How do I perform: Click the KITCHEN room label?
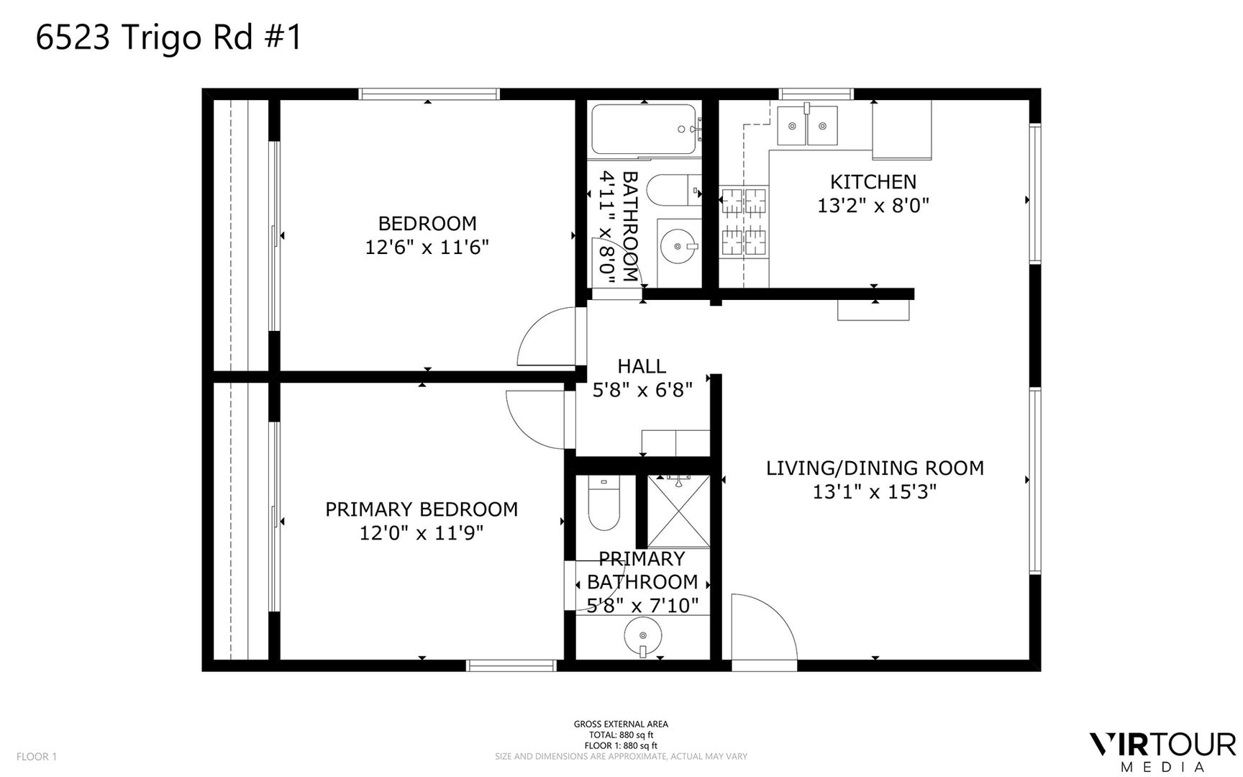tap(873, 182)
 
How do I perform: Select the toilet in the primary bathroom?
tap(604, 503)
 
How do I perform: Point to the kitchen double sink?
tap(808, 126)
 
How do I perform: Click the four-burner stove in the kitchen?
tap(744, 222)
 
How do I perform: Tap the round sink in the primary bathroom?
tap(642, 636)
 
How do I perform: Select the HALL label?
tap(642, 366)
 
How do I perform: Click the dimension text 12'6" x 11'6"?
tap(427, 247)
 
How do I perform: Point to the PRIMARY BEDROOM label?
tap(422, 509)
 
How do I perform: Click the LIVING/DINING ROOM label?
tap(875, 468)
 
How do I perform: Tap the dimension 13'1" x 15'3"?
tap(875, 492)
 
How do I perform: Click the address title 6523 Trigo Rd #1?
tap(169, 38)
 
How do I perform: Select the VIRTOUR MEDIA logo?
tap(1162, 752)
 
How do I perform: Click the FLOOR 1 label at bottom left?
tap(36, 757)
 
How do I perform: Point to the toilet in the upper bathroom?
tap(673, 192)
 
